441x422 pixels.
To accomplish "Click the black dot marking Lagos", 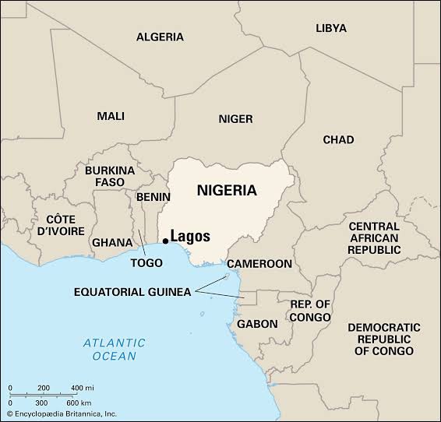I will coord(164,241).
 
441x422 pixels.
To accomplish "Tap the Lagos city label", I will coord(190,237).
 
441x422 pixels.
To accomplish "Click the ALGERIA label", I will coord(160,37).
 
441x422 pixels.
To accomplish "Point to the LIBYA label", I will coord(331,27).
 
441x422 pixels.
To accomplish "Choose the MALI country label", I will coord(111,116).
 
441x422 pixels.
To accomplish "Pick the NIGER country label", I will coord(235,118).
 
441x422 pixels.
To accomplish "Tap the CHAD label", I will coord(338,139).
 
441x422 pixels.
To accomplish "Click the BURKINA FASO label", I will coord(110,176).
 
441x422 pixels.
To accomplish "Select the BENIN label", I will coord(153,197).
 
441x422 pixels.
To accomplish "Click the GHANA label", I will coord(112,242).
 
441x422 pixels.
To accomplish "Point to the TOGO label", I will coord(146,262).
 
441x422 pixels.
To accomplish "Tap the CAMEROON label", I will coord(259,264).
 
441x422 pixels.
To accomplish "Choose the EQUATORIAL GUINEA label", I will coord(132,292).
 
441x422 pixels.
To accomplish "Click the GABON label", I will coord(257,323).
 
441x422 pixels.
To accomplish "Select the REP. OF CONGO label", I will coord(310,311).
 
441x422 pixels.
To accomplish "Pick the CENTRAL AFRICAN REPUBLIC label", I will coord(374,237).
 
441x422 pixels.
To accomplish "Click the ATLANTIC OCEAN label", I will coord(113,349).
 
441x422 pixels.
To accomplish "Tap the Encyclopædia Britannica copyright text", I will coord(62,413).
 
